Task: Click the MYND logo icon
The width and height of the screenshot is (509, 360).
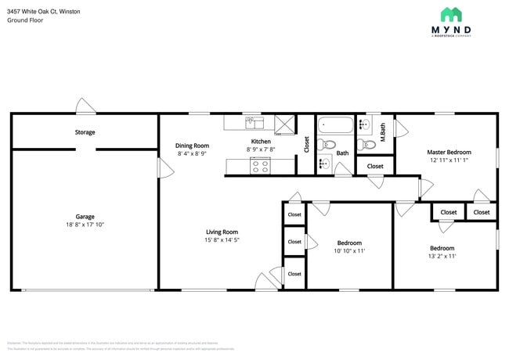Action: point(450,14)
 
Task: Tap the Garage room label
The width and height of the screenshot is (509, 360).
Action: point(85,217)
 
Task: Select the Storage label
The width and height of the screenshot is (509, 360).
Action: point(85,132)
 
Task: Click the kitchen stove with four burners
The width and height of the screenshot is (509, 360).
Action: point(260,165)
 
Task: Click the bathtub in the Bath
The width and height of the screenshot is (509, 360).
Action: point(334,124)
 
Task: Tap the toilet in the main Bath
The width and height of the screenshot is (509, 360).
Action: point(328,145)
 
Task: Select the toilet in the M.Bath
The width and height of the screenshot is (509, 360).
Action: point(366,144)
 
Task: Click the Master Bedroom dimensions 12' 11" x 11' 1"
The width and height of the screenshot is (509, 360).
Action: point(449,160)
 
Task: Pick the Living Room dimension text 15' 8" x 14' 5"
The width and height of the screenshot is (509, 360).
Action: point(222,240)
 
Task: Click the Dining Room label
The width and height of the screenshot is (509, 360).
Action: point(192,146)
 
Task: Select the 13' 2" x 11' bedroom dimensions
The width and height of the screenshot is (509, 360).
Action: point(442,256)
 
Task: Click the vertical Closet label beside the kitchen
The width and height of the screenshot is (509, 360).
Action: point(306,145)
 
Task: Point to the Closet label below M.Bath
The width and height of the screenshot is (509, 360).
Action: point(375,166)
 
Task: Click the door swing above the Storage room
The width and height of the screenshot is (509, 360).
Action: point(85,106)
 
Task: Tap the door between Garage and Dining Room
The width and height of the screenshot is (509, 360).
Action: point(162,167)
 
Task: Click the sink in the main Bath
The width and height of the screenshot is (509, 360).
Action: point(323,164)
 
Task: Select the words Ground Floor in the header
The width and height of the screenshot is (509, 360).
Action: point(25,20)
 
